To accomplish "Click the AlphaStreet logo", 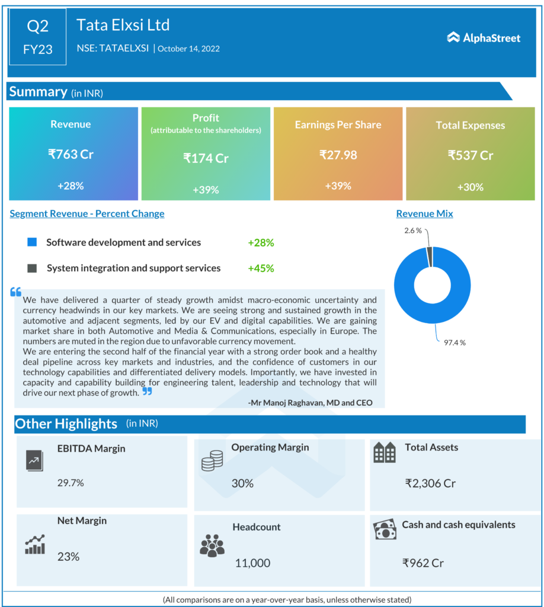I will point(484,38).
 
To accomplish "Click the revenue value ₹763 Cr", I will point(71,154).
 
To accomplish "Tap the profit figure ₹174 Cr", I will point(206,158).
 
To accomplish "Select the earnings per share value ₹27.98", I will point(338,155).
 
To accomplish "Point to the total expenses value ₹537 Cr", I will point(471,155).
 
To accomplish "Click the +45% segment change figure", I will point(261,268).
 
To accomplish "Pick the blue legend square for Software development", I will point(33,242).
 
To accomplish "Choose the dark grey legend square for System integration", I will point(33,268).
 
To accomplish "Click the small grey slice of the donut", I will point(430,257).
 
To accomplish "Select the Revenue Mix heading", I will point(424,213).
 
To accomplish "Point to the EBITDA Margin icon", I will point(34,460).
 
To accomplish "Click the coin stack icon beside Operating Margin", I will point(212,461).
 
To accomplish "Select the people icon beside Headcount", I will point(212,545).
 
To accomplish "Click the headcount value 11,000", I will point(252,563).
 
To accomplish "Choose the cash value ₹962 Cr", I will point(423,563).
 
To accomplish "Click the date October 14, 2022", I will point(188,49).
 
